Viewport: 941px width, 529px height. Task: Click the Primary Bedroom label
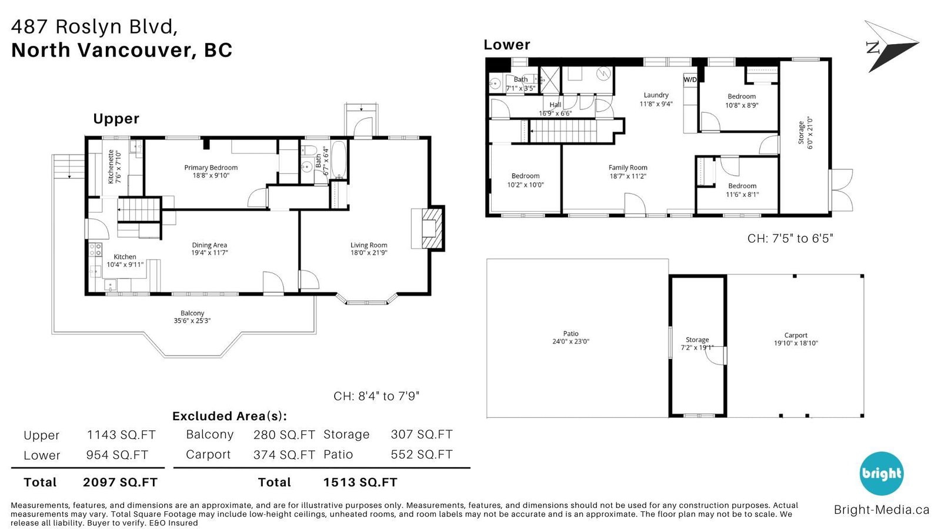click(x=211, y=168)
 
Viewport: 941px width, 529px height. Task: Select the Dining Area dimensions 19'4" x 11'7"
click(x=209, y=253)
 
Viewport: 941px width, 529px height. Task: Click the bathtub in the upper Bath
click(x=339, y=160)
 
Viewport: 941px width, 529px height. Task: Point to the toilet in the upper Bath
click(x=310, y=150)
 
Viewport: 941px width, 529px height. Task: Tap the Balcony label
click(x=192, y=313)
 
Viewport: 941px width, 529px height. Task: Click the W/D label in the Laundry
click(x=690, y=79)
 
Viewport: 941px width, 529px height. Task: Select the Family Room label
click(x=628, y=168)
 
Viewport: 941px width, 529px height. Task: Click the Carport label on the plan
click(x=796, y=335)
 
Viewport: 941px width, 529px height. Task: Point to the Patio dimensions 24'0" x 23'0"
click(x=571, y=341)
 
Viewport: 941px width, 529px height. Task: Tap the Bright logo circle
click(x=882, y=474)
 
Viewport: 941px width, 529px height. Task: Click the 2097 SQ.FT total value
click(x=120, y=483)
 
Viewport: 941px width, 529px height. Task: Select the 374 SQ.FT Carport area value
click(x=284, y=455)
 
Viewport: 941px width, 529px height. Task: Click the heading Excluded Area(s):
click(x=230, y=416)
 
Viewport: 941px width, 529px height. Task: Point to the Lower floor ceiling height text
click(x=790, y=239)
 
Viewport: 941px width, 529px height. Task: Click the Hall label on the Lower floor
click(x=555, y=105)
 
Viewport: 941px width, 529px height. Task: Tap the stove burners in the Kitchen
click(x=95, y=250)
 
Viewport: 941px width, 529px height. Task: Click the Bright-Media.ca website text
click(x=882, y=510)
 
